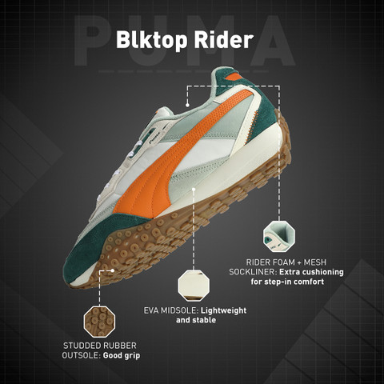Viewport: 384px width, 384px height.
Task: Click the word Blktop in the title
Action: coord(151,40)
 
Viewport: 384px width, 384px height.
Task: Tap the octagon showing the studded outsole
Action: coord(99,322)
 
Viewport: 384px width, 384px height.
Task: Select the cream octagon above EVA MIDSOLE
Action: coord(194,286)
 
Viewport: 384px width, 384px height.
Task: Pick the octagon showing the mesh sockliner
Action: coord(279,237)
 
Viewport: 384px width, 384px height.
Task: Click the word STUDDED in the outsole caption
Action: coord(82,346)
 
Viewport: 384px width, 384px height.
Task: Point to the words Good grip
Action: coord(122,356)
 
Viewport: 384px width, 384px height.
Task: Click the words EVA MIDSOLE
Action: coord(171,310)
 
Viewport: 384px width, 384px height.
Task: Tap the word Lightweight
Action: coord(223,311)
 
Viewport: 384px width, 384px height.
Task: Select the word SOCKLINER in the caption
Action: coord(253,272)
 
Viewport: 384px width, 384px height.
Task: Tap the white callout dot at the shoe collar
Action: coord(187,105)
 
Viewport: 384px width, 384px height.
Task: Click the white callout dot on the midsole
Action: coord(194,189)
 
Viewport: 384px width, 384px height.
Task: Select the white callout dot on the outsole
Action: coord(113,270)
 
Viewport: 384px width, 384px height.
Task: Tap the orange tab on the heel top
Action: coord(234,77)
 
